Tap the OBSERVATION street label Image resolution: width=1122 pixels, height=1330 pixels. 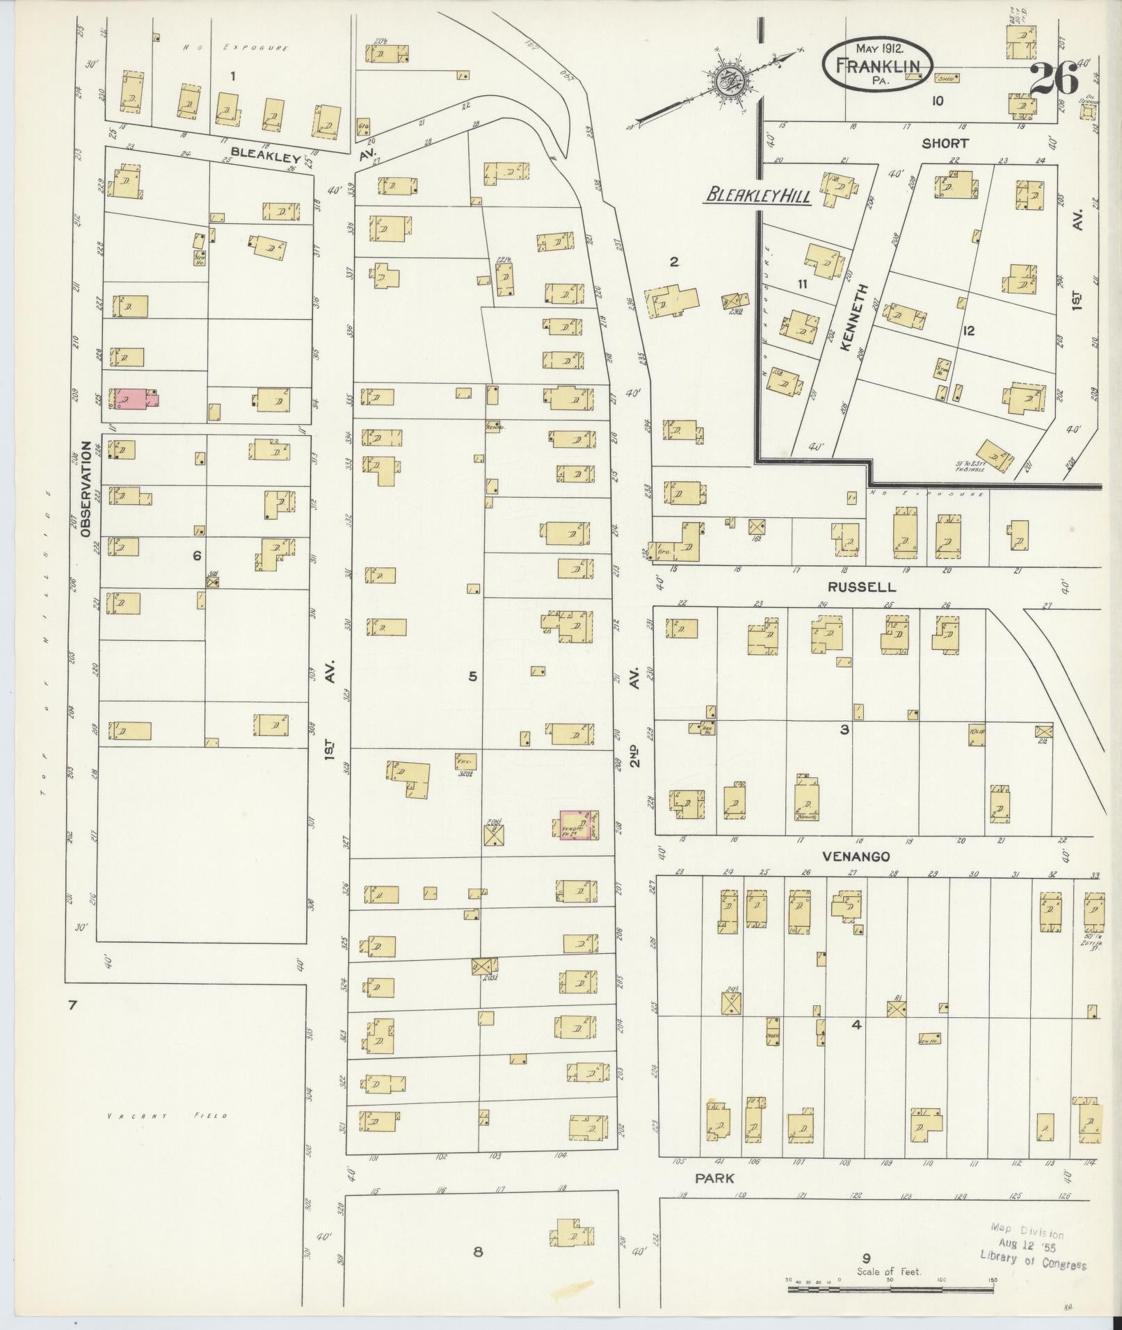[x=86, y=489]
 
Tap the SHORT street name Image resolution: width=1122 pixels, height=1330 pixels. [x=944, y=143]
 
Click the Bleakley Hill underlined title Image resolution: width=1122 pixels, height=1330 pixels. [x=758, y=196]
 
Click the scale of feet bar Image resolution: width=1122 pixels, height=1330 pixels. [x=890, y=1288]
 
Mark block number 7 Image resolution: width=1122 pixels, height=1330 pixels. [x=71, y=1004]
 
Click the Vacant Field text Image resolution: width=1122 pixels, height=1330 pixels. [x=167, y=1117]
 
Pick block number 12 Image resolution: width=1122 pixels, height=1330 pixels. [x=968, y=331]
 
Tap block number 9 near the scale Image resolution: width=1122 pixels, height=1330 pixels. [x=866, y=1256]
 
